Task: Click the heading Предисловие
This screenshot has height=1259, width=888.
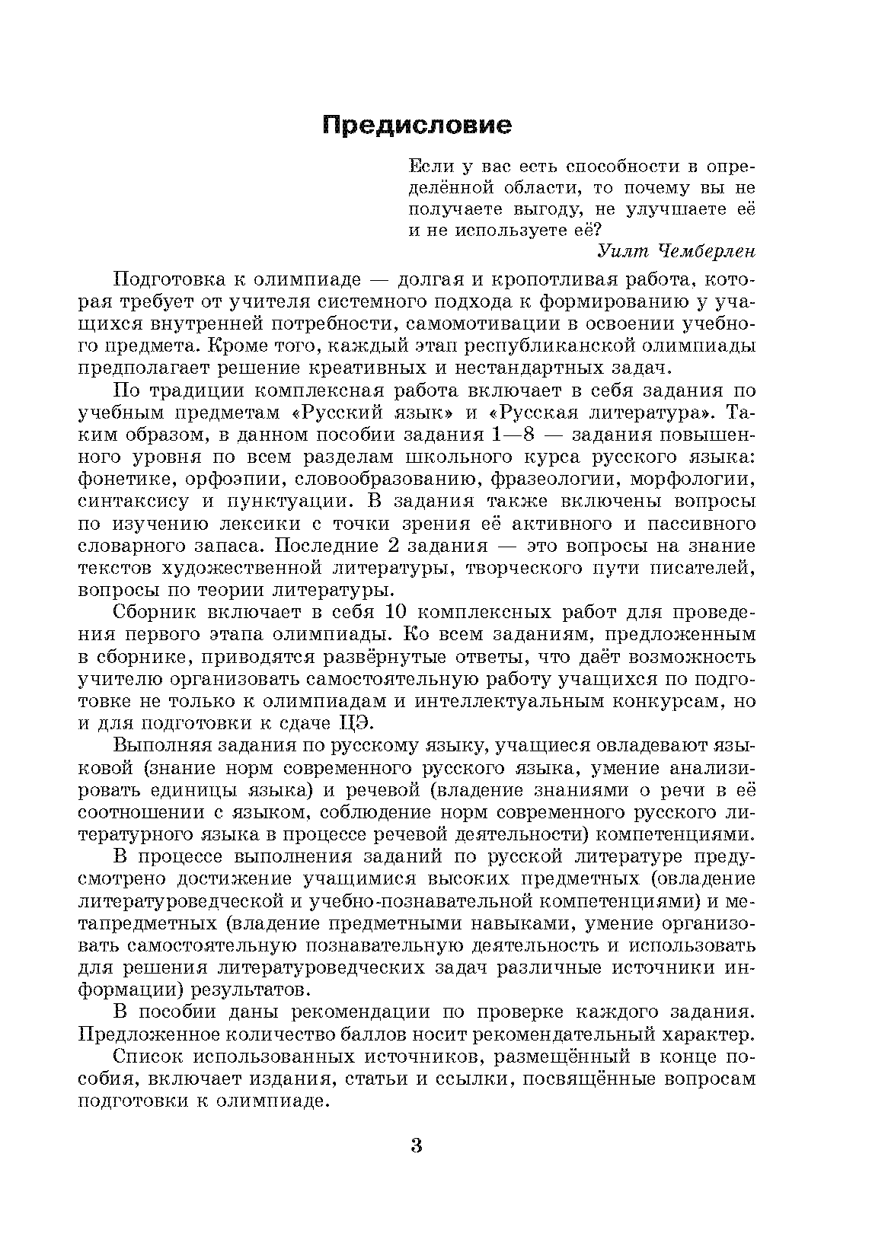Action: coord(416,125)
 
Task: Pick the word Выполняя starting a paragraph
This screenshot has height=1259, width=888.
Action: coord(157,745)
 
